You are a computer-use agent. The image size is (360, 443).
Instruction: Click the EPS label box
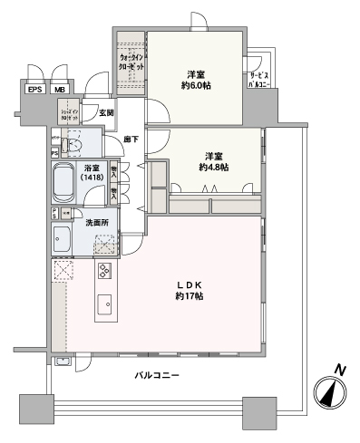(x=35, y=90)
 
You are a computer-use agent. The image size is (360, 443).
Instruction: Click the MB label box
(x=59, y=90)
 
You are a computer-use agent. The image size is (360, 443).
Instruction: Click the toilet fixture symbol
(x=73, y=145)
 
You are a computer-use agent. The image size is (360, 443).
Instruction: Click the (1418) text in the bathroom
(x=92, y=179)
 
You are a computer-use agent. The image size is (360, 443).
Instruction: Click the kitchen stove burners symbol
(x=104, y=273)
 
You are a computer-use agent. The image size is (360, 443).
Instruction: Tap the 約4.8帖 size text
(x=213, y=168)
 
